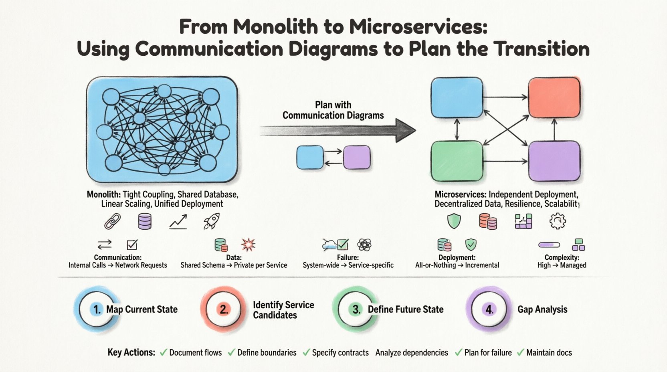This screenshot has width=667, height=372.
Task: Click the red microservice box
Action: [554, 97]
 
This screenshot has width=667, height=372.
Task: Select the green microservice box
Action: [457, 161]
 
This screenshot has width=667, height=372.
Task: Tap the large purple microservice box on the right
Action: [554, 161]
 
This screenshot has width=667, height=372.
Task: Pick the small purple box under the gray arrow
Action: [356, 157]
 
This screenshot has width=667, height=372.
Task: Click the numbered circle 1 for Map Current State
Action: [97, 309]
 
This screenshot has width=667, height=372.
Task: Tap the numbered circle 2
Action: [224, 309]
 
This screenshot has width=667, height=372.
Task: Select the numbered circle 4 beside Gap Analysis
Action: [489, 309]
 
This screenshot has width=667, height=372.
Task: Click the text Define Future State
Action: [405, 309]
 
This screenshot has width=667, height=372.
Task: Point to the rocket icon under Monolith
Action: [211, 221]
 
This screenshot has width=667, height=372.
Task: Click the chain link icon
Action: [112, 221]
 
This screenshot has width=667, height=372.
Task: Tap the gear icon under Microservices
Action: [558, 221]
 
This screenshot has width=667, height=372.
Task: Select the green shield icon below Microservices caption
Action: [454, 221]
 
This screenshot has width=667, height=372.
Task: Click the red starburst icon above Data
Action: [248, 245]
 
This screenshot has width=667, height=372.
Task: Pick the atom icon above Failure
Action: [364, 244]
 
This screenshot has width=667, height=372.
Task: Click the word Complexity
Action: [561, 258]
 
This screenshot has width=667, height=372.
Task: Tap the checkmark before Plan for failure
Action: [459, 352]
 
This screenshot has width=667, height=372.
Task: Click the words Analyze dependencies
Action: [412, 353]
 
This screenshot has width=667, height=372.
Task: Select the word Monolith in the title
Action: [272, 27]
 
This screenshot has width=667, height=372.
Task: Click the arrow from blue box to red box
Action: [505, 97]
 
